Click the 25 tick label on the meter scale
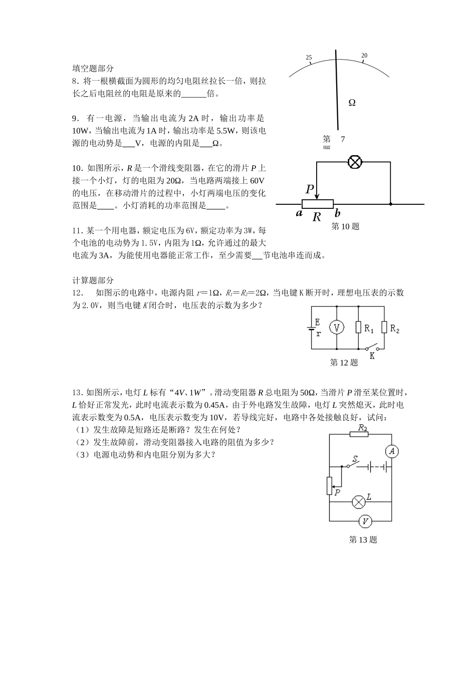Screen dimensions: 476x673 click(x=309, y=58)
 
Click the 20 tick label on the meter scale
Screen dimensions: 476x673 click(x=364, y=56)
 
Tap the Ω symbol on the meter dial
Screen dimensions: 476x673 click(x=352, y=103)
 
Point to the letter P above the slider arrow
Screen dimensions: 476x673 click(x=310, y=189)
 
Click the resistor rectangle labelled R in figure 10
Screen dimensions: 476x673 click(x=318, y=204)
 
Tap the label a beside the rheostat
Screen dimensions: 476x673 click(x=299, y=213)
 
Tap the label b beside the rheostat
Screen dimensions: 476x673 click(x=338, y=213)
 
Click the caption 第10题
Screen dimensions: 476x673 click(x=346, y=226)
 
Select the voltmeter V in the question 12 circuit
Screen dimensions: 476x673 click(x=336, y=327)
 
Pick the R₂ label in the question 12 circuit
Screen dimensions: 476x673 click(x=394, y=329)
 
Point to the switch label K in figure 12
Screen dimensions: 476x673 click(x=372, y=356)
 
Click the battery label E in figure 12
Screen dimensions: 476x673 click(x=317, y=322)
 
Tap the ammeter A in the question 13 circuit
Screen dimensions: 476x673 click(x=392, y=452)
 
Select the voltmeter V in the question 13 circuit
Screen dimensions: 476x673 click(x=365, y=521)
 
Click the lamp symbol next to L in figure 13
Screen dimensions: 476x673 click(x=358, y=501)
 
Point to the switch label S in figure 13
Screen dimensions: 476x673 click(x=355, y=459)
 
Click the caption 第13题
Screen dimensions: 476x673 click(x=363, y=539)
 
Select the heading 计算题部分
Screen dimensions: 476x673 click(x=93, y=280)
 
